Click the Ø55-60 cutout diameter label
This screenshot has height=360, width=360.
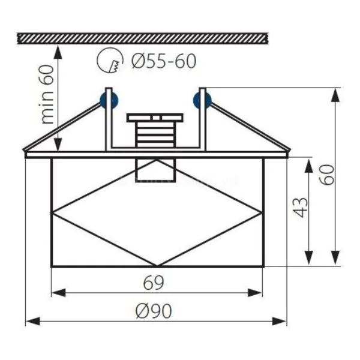pos(164,61)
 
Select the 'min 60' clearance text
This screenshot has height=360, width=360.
pos(47,94)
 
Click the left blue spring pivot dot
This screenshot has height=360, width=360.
pos(109,101)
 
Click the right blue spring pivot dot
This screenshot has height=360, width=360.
pos(202,101)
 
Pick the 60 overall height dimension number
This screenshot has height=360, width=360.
pos(328,175)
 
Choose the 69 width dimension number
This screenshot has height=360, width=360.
pos(154,283)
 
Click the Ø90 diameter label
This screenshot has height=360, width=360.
pos(154,311)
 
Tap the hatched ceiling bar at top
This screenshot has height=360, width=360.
pos(143,38)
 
